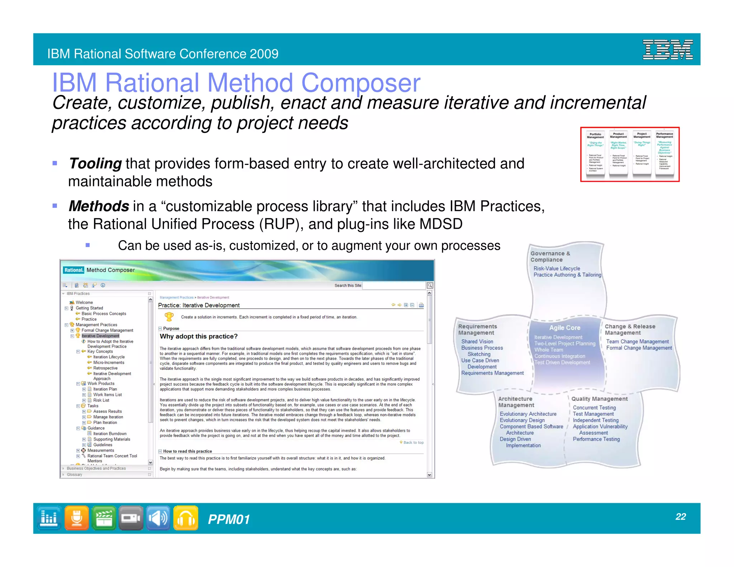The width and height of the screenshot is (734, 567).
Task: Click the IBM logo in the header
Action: pyautogui.click(x=667, y=49)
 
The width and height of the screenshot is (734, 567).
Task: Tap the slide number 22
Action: pyautogui.click(x=680, y=516)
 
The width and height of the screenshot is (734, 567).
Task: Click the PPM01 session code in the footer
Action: pyautogui.click(x=229, y=519)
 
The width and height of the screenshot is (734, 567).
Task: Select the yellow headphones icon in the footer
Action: pyautogui.click(x=186, y=518)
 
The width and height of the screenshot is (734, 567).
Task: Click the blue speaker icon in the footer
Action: pyautogui.click(x=158, y=518)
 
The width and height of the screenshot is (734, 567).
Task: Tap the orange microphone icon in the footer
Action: pyautogui.click(x=76, y=518)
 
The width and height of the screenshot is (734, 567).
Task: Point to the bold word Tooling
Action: pyautogui.click(x=95, y=164)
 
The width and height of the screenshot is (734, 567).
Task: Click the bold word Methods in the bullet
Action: pyautogui.click(x=99, y=206)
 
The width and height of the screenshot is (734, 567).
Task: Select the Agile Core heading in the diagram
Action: pyautogui.click(x=564, y=328)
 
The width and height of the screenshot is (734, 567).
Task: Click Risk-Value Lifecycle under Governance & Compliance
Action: pyautogui.click(x=557, y=268)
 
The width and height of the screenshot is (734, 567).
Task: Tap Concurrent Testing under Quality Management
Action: pyautogui.click(x=594, y=408)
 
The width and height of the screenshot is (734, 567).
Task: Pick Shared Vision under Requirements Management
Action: pyautogui.click(x=477, y=342)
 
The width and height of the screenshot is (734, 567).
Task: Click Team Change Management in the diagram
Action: pyautogui.click(x=637, y=342)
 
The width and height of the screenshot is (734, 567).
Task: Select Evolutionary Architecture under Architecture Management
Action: pyautogui.click(x=528, y=414)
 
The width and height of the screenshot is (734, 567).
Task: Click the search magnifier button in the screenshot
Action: pyautogui.click(x=430, y=285)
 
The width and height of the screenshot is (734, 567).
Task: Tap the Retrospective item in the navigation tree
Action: pyautogui.click(x=105, y=368)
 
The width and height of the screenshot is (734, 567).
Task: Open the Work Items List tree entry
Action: pyautogui.click(x=108, y=395)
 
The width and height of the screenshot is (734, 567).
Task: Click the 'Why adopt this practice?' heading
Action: pyautogui.click(x=199, y=337)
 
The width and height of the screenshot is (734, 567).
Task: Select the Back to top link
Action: pyautogui.click(x=413, y=443)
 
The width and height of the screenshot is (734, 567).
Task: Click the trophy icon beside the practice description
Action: pyautogui.click(x=169, y=316)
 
